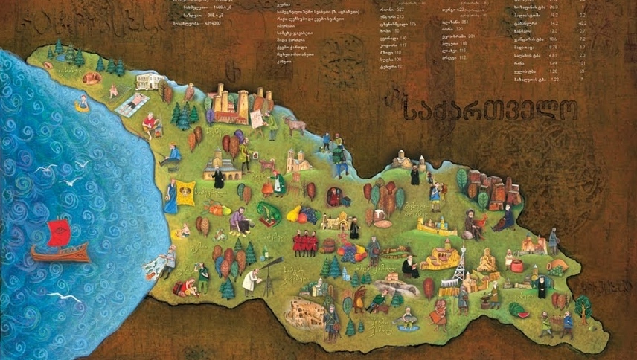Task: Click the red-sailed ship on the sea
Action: click(x=60, y=242)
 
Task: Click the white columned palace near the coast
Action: click(x=151, y=81)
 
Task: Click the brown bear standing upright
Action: click(x=361, y=300)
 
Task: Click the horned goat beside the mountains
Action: click(x=295, y=126)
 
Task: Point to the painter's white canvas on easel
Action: click(x=256, y=119)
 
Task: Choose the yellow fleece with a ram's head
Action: click(x=186, y=193)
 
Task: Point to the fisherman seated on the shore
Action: click(x=172, y=155)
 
